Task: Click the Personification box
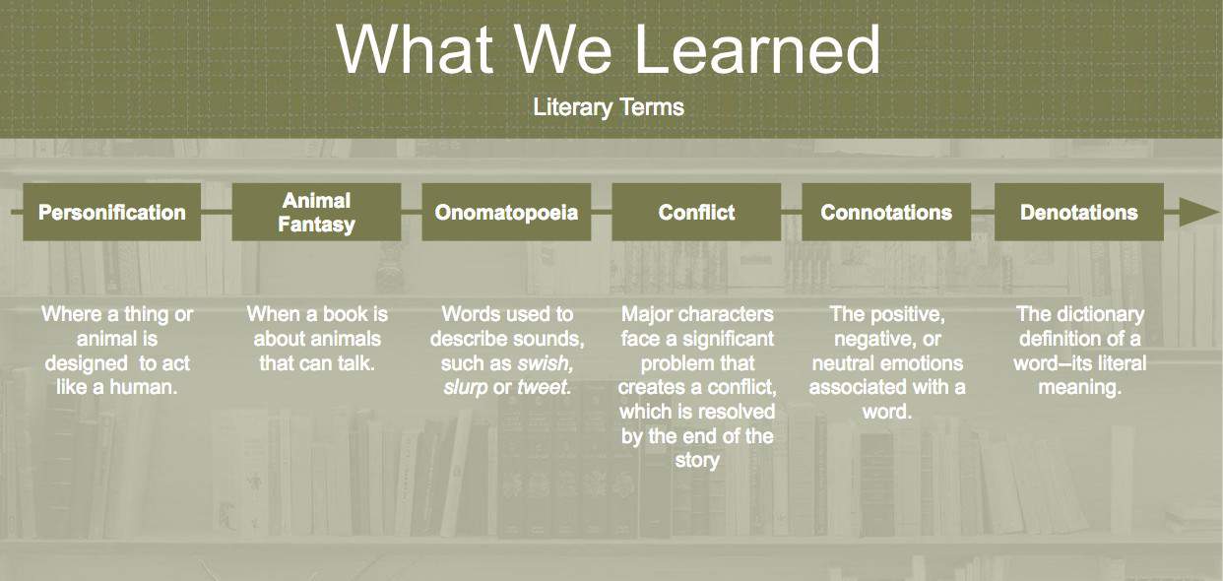point(112,212)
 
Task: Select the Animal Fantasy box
point(317,212)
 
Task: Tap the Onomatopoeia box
point(507,212)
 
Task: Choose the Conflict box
point(696,212)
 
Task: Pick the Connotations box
point(886,212)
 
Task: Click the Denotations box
point(1079,212)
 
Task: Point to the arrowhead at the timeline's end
point(1198,212)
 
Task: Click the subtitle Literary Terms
point(609,107)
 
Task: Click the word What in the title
point(416,49)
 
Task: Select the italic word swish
point(545,363)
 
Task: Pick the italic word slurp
point(465,388)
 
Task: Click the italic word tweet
point(544,387)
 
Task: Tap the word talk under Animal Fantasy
point(356,363)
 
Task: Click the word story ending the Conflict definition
point(697,460)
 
